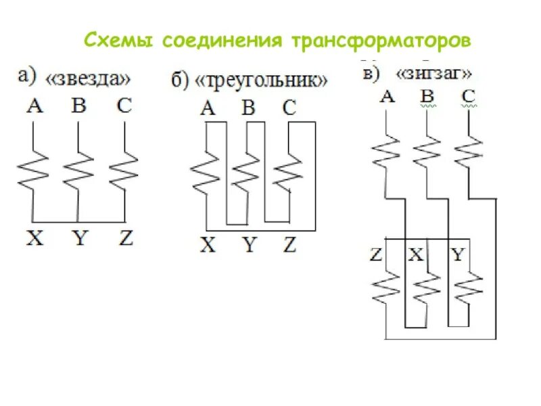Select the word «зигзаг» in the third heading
(433, 73)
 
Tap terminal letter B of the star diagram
(78, 106)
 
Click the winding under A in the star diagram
(33, 169)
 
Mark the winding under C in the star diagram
(124, 169)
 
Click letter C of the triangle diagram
(289, 108)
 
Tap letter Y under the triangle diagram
(250, 244)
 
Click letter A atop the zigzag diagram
(386, 96)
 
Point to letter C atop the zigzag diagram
(469, 96)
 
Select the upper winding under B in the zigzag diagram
(427, 150)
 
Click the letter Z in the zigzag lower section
(377, 254)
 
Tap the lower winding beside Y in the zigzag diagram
(468, 290)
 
